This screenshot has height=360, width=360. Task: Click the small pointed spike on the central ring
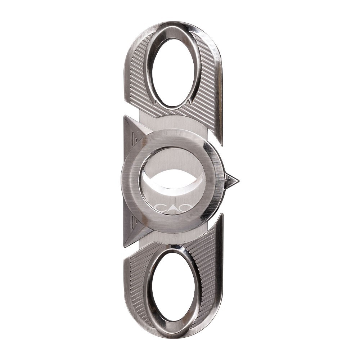(x=230, y=180)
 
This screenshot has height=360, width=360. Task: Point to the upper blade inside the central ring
(x=173, y=162)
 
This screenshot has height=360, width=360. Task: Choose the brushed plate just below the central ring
(x=173, y=238)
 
